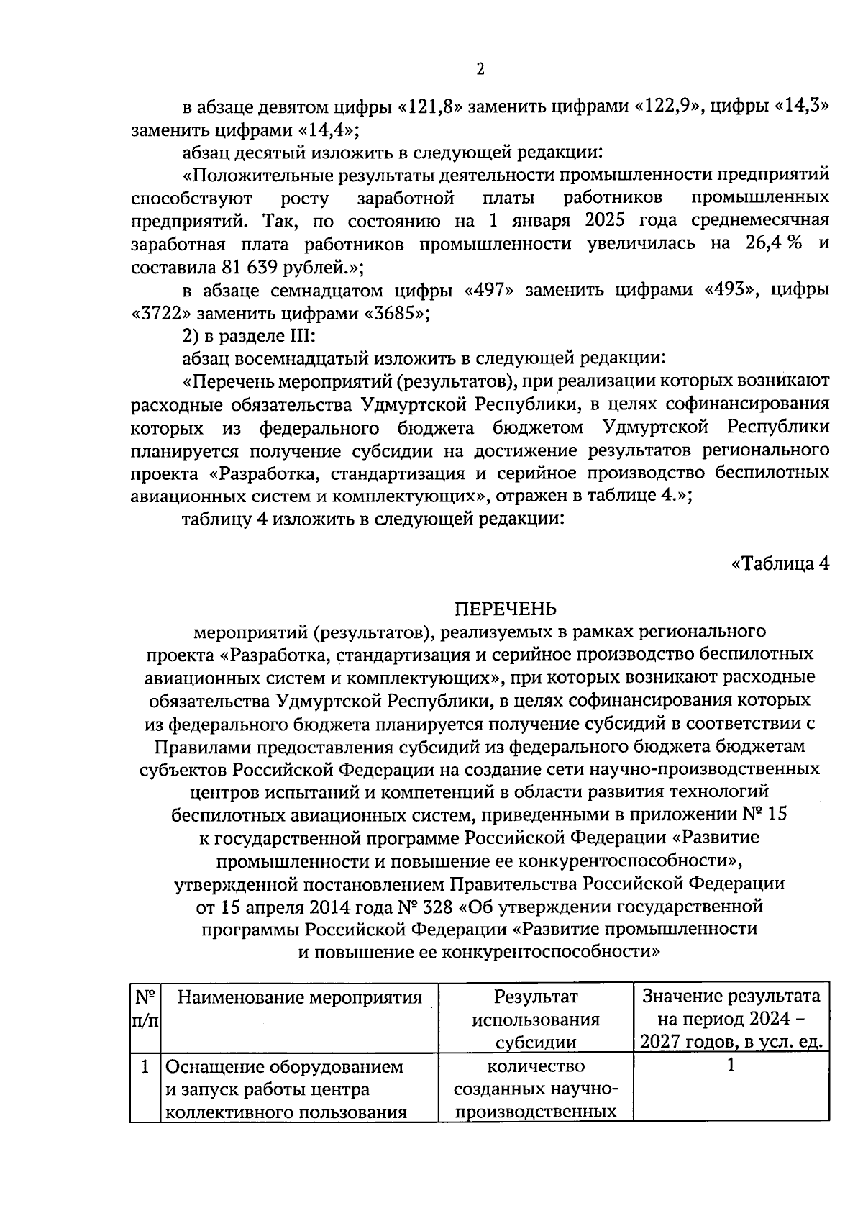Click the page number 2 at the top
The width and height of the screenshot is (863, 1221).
point(480,69)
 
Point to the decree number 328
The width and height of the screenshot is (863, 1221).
point(441,905)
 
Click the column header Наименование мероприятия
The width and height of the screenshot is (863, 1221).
point(299,997)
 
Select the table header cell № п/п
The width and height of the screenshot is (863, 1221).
point(146,1009)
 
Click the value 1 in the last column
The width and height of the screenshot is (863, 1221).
point(731,1066)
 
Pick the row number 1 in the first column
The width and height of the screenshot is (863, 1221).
point(146,1066)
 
